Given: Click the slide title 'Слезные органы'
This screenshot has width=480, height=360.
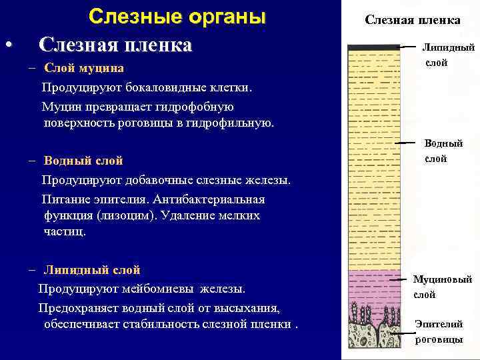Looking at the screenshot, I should [x=177, y=17].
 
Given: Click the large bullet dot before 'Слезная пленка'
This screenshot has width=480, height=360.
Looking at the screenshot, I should [x=7, y=46].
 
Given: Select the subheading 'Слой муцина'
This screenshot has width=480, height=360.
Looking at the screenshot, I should [x=84, y=69].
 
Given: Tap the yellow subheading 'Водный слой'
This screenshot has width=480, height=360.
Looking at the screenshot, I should [x=83, y=161].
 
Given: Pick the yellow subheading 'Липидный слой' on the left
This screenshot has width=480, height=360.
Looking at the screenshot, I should [x=92, y=270].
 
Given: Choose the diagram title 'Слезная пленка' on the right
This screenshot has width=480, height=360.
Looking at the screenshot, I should [x=412, y=20].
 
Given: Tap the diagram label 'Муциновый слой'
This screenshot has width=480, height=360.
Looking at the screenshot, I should [x=442, y=287].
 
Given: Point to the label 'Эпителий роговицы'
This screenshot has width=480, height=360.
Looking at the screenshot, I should [x=439, y=331].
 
